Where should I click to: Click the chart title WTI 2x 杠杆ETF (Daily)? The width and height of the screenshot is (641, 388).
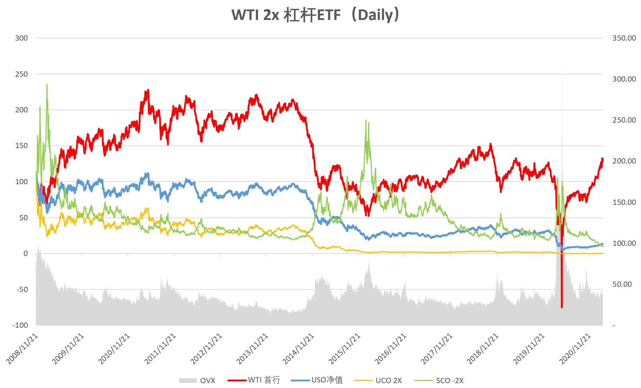315,15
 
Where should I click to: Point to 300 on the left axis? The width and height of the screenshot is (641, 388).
21,38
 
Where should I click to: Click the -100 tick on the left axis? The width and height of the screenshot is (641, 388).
20,325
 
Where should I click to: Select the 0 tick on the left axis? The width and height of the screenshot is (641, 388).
25,254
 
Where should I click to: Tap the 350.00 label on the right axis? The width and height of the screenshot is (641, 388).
624,38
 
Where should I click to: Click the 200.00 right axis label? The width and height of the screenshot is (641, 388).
624,161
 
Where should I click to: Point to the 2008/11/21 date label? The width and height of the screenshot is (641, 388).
22,349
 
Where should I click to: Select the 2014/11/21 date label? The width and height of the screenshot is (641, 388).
298,349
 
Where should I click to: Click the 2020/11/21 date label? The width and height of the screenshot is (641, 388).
575,349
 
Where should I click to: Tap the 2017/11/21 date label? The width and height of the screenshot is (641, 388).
437,349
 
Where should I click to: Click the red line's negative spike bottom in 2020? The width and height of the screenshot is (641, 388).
562,307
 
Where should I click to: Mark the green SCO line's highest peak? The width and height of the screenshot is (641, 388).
47,84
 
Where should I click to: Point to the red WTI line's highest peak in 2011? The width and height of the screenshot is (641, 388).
148,90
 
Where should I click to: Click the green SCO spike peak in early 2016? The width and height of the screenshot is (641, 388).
366,120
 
